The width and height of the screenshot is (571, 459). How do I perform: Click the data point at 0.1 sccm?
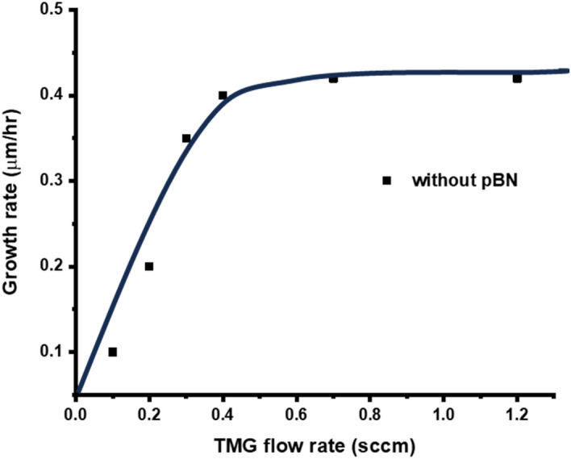coord(112,352)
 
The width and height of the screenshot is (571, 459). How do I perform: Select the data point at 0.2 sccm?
coord(149,266)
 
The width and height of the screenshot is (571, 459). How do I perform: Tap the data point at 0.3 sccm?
coord(186,138)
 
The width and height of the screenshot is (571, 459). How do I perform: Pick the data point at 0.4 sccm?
coord(223,95)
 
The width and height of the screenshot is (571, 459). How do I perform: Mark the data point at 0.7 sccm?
coord(333,78)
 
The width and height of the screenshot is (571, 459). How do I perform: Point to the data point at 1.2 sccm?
coord(517,78)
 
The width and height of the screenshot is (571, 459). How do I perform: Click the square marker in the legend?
coord(386,181)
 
